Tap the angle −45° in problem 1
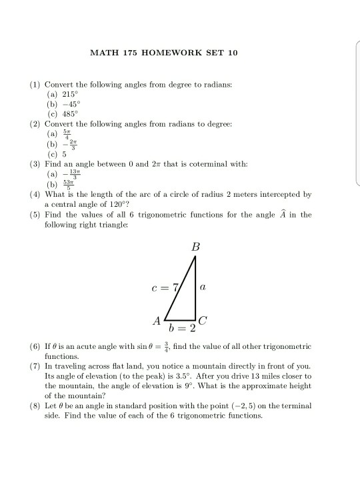tap(71, 105)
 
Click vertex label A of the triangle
tap(157, 322)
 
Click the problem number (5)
tap(35, 215)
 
